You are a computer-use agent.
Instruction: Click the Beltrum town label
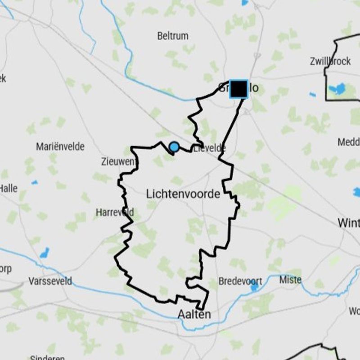point(173,36)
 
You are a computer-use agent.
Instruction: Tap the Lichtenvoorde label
point(183,194)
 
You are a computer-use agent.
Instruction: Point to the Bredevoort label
point(240,281)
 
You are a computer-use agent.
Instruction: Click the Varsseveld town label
point(50,281)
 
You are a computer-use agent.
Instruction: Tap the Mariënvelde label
point(60,146)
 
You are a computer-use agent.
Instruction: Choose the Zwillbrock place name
point(330,62)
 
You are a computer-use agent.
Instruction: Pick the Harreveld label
point(115,212)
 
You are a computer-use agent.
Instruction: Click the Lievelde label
point(209,148)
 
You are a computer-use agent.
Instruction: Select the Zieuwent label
point(118,162)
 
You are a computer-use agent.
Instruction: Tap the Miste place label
point(290,280)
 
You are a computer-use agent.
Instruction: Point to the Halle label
point(9,188)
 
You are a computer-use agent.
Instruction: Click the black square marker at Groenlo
point(238,89)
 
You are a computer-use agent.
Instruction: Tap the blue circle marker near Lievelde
point(174,147)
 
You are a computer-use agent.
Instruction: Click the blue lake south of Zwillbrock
point(337,88)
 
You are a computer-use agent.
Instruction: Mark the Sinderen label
point(47,358)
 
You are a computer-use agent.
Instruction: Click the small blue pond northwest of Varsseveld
point(44,252)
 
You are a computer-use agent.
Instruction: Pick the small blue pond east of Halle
point(34,182)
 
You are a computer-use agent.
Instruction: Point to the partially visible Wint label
point(349,223)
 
